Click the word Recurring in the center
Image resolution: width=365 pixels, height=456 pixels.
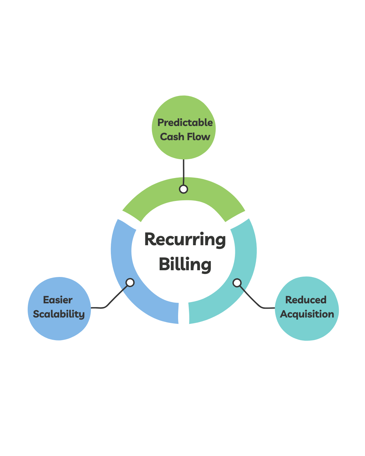pyautogui.click(x=185, y=239)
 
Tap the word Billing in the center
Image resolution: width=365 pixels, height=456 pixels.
pyautogui.click(x=185, y=264)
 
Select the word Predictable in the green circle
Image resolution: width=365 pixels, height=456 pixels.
pyautogui.click(x=185, y=123)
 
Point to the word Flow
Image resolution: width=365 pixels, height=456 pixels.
pyautogui.click(x=198, y=137)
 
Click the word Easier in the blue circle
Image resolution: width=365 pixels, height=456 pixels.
pyautogui.click(x=58, y=300)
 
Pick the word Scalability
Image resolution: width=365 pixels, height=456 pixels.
pyautogui.click(x=59, y=314)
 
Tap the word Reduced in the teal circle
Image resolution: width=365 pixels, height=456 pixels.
pyautogui.click(x=306, y=300)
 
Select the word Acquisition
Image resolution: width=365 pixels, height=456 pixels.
pyautogui.click(x=307, y=314)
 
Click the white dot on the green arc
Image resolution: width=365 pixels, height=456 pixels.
pyautogui.click(x=184, y=189)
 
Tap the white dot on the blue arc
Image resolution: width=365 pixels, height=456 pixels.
pyautogui.click(x=130, y=282)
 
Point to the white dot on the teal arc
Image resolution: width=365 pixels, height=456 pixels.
pyautogui.click(x=237, y=282)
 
